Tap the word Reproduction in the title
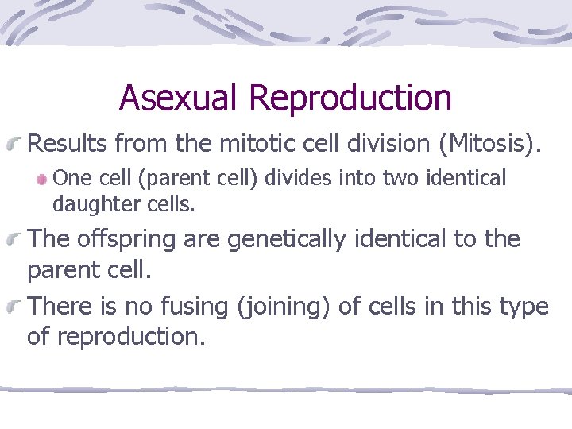(350, 98)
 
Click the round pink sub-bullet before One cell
(43, 179)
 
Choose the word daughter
(93, 204)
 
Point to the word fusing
(187, 307)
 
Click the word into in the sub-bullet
(355, 178)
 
